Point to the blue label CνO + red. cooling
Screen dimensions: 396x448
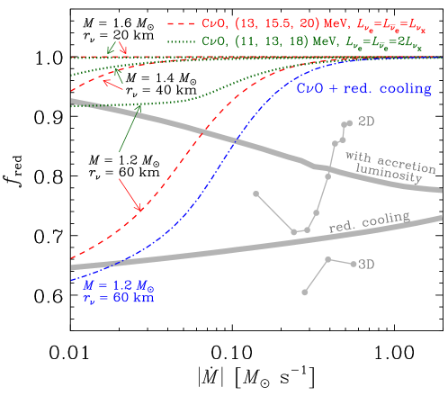tap(364, 88)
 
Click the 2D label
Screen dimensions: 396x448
tap(366, 121)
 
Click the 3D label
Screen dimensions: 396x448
tap(366, 265)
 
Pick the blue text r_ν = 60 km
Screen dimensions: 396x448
tap(117, 298)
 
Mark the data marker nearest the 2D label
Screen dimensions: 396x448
tap(347, 123)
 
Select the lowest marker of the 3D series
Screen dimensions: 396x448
tap(306, 292)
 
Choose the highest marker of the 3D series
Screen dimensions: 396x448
tap(329, 259)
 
